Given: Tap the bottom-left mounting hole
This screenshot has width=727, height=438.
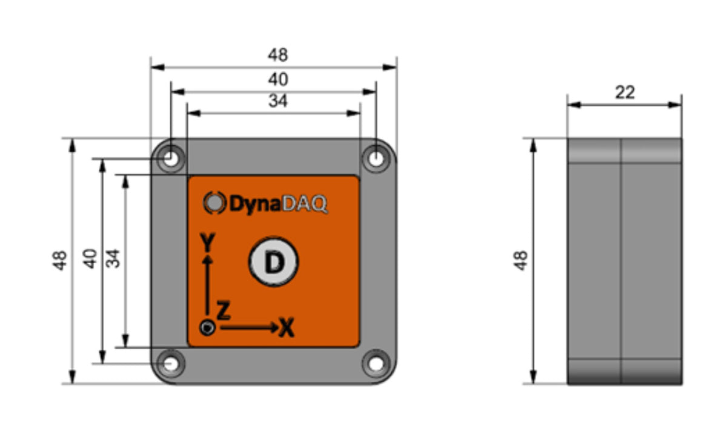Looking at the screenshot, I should click(172, 364).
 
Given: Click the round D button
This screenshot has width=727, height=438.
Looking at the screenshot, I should click(274, 263).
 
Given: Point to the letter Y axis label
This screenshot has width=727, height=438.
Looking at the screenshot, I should click(208, 243).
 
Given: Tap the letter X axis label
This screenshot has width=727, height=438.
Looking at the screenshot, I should click(287, 328).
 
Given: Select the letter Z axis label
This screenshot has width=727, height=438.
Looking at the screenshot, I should click(224, 312).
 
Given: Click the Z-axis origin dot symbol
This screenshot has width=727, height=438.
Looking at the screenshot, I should click(208, 327).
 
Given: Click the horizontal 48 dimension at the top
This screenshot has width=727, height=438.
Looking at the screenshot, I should click(278, 55).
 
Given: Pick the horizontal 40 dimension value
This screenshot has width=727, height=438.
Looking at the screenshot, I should click(278, 79).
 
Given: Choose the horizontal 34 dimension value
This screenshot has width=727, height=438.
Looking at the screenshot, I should click(278, 101).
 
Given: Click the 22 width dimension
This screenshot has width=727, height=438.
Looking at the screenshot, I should click(625, 92).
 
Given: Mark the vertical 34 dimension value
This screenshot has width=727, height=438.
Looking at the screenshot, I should click(113, 259).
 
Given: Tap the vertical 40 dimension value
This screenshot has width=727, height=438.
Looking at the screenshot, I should click(90, 259).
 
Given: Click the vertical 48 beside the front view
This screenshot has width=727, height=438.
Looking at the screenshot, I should click(59, 261).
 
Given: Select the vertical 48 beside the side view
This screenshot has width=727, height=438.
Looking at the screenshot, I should click(520, 261).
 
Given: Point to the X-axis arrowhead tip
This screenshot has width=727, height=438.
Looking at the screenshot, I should click(277, 327).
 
